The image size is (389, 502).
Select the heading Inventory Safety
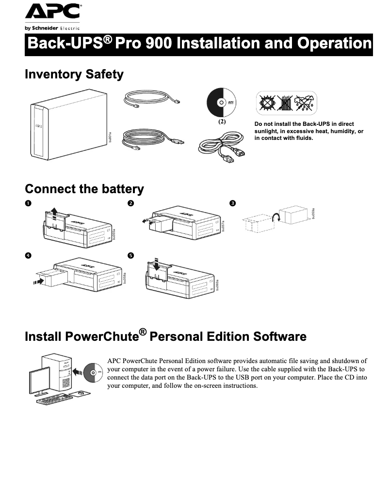[x=74, y=75]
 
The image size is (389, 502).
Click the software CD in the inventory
[x=222, y=103]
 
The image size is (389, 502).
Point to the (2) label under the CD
[x=222, y=122]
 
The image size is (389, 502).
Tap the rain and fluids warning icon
[x=305, y=103]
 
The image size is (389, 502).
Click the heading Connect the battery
[x=84, y=189]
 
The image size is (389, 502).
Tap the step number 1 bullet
[x=29, y=203]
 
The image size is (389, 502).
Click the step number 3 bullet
[x=233, y=203]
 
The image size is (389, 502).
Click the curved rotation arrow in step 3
[x=276, y=217]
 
